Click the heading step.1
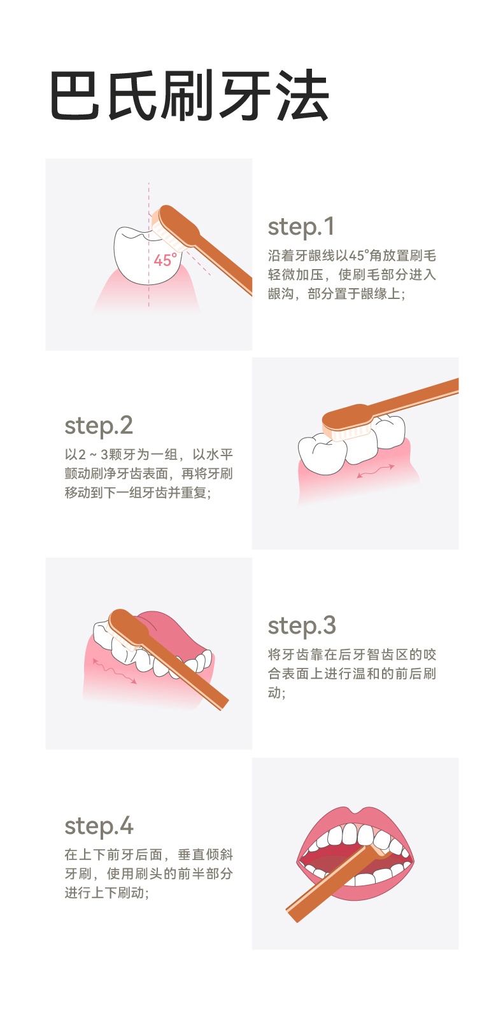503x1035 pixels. (301, 227)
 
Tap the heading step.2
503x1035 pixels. (99, 426)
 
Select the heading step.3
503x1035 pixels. (302, 626)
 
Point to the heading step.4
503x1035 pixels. (99, 826)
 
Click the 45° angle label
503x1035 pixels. (165, 260)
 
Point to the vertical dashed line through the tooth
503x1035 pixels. (149, 244)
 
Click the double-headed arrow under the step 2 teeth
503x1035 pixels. (376, 471)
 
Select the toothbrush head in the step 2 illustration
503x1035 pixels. (347, 421)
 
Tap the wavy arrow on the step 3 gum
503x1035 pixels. (115, 671)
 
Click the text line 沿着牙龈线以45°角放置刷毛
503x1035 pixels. (352, 256)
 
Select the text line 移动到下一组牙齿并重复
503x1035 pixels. (138, 492)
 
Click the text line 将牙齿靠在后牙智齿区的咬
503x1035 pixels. (352, 654)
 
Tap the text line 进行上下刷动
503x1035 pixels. (107, 893)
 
